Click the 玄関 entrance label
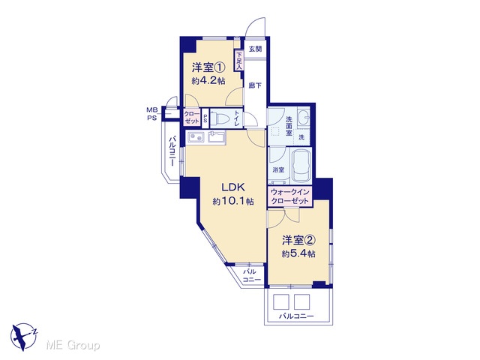[255, 49]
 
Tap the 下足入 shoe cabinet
[238, 60]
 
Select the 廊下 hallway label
[255, 85]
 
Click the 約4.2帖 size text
[208, 80]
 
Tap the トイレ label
[237, 118]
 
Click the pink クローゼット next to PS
[192, 118]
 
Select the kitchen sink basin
[196, 137]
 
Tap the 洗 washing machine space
[301, 137]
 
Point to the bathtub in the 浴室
[301, 166]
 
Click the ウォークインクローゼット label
[290, 196]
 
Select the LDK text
[233, 187]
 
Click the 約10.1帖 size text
[233, 201]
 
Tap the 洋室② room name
[298, 241]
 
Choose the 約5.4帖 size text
[298, 253]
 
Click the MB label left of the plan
[151, 110]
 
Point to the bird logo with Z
[24, 337]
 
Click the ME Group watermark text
[73, 346]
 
